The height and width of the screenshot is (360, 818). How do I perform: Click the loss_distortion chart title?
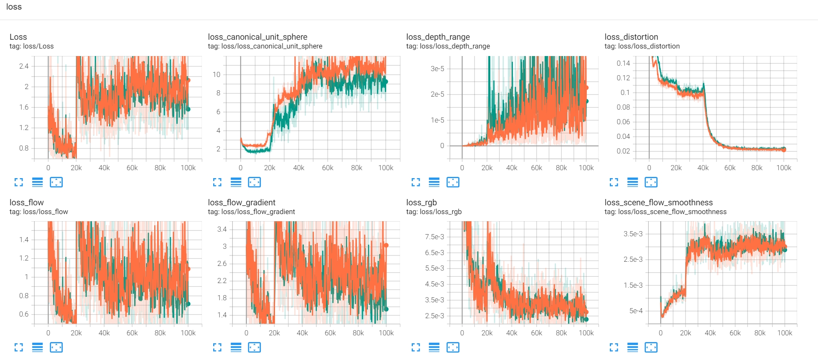(631, 37)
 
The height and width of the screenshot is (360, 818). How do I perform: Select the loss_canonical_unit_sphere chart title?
(257, 37)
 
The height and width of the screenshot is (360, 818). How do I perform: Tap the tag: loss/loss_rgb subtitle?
(434, 212)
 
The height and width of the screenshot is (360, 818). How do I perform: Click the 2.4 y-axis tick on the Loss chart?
(24, 66)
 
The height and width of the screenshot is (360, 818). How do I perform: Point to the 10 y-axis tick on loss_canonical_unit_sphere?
(216, 74)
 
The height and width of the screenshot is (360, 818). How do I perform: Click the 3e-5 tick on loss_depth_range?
(437, 69)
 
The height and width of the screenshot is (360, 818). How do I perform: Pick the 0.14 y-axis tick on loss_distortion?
(623, 63)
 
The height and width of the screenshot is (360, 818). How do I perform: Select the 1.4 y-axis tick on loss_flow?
(24, 240)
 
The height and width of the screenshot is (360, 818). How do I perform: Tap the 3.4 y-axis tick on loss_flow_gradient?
(222, 229)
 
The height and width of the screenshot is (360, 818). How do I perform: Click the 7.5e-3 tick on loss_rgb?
(434, 237)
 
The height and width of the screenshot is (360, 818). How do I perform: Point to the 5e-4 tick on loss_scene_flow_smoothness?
(636, 311)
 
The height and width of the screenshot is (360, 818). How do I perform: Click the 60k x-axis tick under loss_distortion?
(730, 168)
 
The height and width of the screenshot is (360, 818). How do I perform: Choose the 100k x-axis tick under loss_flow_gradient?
(386, 333)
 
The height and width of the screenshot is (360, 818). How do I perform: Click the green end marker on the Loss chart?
(188, 109)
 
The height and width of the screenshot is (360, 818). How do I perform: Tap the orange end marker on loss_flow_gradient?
(386, 245)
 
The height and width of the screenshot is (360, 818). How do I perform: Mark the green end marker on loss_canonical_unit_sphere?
(386, 82)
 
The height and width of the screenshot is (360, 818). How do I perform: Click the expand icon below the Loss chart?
(19, 182)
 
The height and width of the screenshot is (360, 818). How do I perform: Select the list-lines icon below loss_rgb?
(434, 347)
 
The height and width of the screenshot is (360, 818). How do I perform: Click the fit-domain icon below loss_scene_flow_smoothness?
(651, 347)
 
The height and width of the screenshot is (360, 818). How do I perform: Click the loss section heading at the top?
(14, 7)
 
